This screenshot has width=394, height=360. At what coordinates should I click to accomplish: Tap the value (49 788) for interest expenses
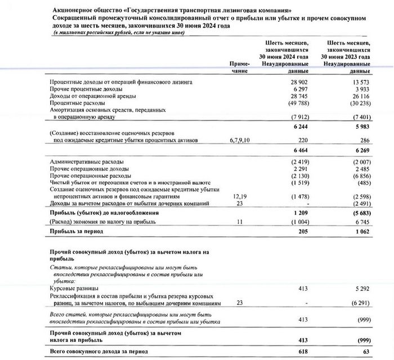click(298, 104)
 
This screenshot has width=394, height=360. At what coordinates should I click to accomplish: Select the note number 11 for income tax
click(240, 222)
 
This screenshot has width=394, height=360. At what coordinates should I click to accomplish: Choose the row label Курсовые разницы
click(71, 287)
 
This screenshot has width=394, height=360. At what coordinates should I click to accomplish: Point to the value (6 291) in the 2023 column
click(360, 303)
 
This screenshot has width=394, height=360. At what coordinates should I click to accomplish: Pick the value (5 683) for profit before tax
click(360, 213)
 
